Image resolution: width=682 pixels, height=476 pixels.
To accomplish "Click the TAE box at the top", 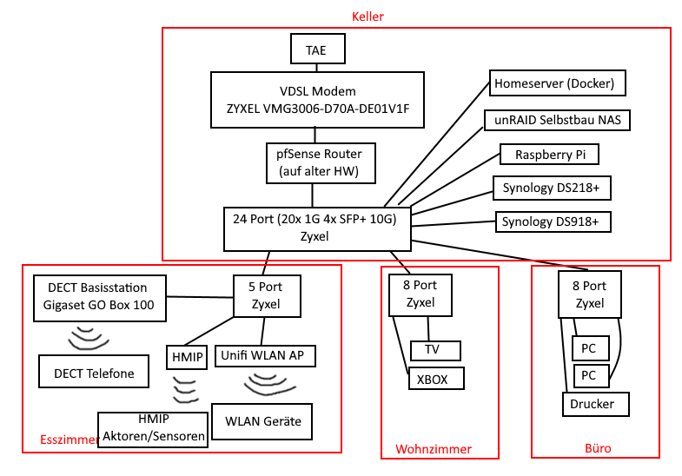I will tap(316, 50).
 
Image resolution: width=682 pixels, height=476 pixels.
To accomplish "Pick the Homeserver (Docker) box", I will tap(556, 84).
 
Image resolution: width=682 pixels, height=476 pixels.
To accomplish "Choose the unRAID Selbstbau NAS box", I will tap(556, 119).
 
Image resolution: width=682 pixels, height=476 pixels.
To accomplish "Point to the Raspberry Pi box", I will tap(550, 155).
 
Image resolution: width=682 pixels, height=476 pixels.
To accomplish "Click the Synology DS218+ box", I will tap(551, 187).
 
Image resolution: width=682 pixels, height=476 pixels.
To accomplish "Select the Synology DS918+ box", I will tap(553, 222).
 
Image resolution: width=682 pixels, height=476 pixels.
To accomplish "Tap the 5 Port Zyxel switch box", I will tap(267, 295).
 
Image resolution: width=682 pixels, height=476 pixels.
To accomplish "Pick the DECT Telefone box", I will tap(93, 374).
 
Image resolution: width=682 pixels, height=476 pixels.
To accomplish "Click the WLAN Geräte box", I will tap(262, 421).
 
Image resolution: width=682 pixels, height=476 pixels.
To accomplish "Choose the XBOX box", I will tap(436, 380).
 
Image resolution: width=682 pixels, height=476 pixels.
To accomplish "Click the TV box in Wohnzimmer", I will tap(434, 351).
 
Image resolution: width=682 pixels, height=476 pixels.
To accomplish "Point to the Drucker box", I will tap(593, 405).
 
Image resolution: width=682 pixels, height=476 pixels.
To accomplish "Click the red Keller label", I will tap(367, 17).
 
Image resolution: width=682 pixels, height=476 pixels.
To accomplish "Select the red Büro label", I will tap(598, 449).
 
